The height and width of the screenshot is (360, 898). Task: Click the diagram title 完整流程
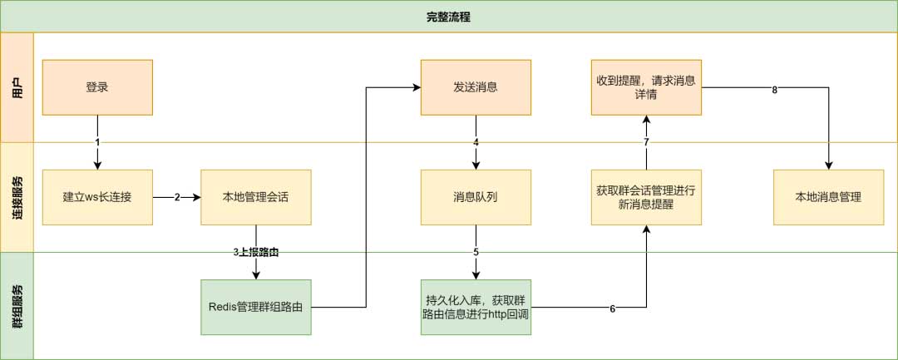[x=448, y=17]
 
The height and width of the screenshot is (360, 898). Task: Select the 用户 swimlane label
[x=17, y=87]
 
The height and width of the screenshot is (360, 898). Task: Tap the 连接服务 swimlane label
[x=17, y=197]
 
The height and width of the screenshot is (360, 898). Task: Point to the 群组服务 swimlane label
[x=17, y=306]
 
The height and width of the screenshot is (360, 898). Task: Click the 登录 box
[x=97, y=87]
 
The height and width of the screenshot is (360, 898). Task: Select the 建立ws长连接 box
[x=97, y=197]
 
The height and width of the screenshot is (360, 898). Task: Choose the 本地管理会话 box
[x=255, y=197]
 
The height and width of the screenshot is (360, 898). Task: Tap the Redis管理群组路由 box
[x=255, y=307]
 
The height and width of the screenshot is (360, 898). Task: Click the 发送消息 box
[x=476, y=87]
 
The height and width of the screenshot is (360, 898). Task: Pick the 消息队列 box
[x=476, y=197]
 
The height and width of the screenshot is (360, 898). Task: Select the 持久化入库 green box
[x=476, y=307]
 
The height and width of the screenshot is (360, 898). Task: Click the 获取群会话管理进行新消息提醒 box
[x=646, y=197]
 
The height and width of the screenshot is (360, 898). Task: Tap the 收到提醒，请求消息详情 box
[x=646, y=87]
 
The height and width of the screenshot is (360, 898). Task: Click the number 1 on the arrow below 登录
[x=97, y=142]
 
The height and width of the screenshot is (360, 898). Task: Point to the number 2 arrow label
[x=177, y=198]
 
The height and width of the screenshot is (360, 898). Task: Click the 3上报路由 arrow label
[x=255, y=251]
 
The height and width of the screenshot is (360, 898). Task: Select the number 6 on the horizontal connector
[x=612, y=308]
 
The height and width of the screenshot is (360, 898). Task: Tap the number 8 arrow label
[x=774, y=90]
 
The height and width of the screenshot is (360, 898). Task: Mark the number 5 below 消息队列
[x=476, y=251]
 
